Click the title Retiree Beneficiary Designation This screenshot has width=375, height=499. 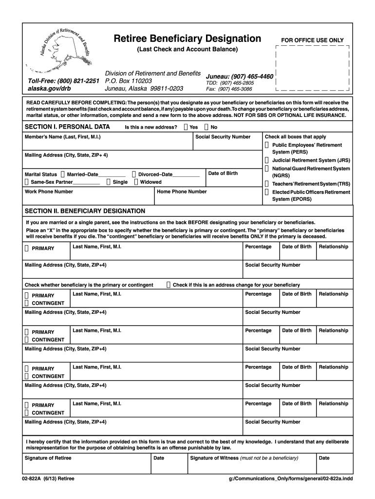187,38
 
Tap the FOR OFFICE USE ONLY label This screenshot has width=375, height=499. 312,40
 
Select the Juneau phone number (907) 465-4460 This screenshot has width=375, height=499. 240,77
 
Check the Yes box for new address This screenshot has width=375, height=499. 186,127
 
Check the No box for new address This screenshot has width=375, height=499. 207,127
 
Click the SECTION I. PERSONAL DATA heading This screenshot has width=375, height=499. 67,127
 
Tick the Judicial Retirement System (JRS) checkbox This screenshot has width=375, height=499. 267,160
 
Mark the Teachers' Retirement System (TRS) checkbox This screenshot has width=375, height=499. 267,184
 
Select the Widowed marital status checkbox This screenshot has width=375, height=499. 136,182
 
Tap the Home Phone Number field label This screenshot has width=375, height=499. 182,192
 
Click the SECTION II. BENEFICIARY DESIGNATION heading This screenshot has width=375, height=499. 85,211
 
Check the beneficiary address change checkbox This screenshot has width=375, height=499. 169,285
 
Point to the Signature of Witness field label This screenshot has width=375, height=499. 244,458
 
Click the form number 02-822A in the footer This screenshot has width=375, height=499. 28,479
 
